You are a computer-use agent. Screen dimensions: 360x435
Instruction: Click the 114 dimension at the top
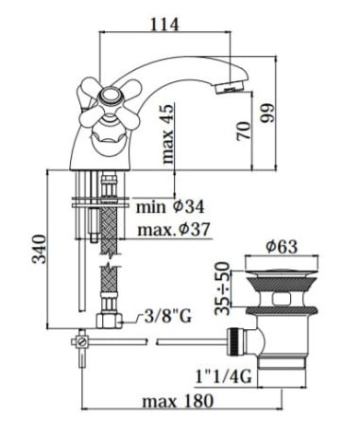[x=164, y=24]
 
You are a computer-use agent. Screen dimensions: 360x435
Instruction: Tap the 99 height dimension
[x=267, y=113]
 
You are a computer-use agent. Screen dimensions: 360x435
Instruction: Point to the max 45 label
[x=167, y=133]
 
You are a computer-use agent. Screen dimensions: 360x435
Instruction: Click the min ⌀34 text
[x=170, y=207]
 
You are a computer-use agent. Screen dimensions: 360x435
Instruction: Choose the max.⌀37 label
[x=174, y=230]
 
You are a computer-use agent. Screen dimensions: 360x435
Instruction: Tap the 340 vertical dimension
[x=40, y=249]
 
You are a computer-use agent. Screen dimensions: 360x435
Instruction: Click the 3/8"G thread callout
[x=168, y=316]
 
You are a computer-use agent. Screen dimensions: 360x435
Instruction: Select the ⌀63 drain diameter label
[x=282, y=246]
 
